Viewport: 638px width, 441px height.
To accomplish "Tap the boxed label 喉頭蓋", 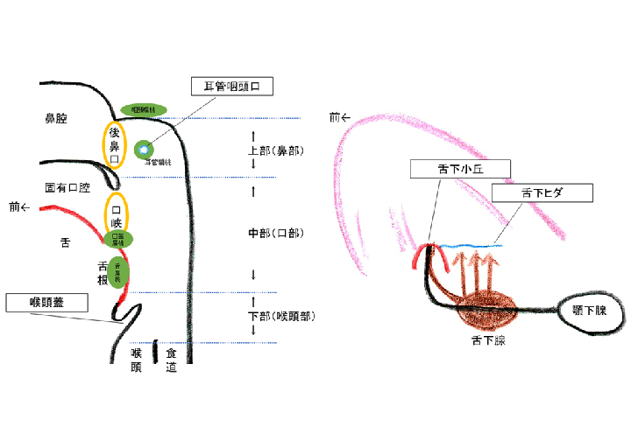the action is [x=47, y=303].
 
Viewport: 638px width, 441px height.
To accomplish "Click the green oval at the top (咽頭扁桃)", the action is [x=143, y=109].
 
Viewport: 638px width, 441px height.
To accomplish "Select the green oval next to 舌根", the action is [x=119, y=269].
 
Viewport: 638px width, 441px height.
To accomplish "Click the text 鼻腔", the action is [x=57, y=116].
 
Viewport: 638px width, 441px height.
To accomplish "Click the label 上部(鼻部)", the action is [x=276, y=150].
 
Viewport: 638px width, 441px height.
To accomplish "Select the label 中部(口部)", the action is [x=276, y=234].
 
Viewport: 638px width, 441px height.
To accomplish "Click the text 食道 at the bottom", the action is [x=172, y=360].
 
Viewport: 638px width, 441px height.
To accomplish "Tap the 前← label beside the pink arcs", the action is [x=340, y=117].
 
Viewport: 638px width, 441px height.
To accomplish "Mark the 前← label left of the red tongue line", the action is [x=19, y=207].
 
